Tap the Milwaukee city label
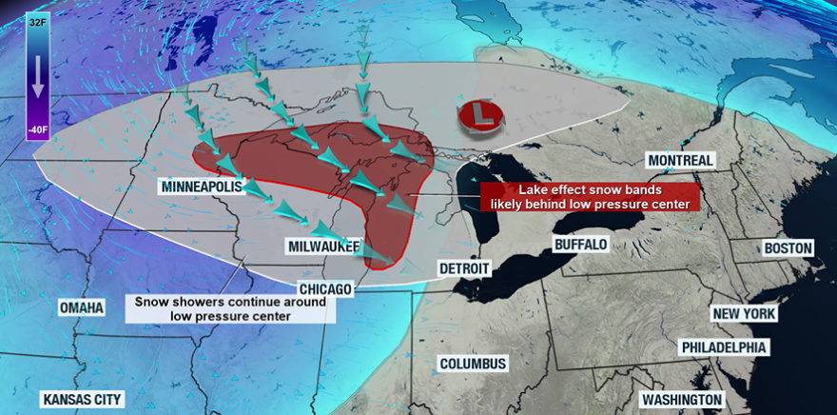pyautogui.click(x=323, y=247)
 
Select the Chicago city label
pyautogui.click(x=325, y=288)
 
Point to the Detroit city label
pyautogui.click(x=463, y=268)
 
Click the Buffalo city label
pyautogui.click(x=580, y=245)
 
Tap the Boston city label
pyautogui.click(x=788, y=248)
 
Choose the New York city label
pyautogui.click(x=745, y=314)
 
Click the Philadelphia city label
pyautogui.click(x=724, y=347)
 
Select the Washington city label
pyautogui.click(x=681, y=399)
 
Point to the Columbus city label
pyautogui.click(x=473, y=364)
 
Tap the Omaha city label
pyautogui.click(x=81, y=309)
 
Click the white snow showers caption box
pyautogui.click(x=231, y=308)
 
